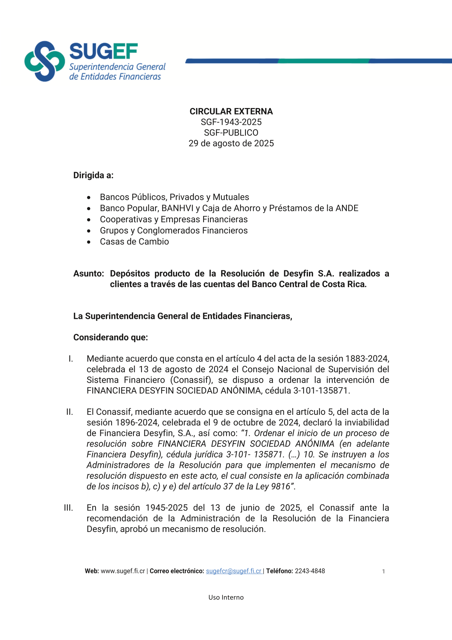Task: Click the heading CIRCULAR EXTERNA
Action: point(231,112)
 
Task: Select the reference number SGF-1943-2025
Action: point(231,122)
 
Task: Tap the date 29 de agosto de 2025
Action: point(231,143)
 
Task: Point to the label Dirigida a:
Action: point(93,176)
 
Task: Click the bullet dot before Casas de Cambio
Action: point(89,242)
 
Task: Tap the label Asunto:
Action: point(89,274)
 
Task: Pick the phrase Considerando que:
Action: point(111,338)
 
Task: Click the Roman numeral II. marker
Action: point(70,412)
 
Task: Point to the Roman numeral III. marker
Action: point(69,508)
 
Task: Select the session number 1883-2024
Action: point(367,359)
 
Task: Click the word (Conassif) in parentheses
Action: point(192,380)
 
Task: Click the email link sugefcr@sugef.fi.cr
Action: point(234,571)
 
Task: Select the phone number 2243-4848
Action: point(310,571)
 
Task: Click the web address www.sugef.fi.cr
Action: point(123,571)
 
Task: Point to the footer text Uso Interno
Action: point(226,598)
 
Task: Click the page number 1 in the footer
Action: point(383,572)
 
